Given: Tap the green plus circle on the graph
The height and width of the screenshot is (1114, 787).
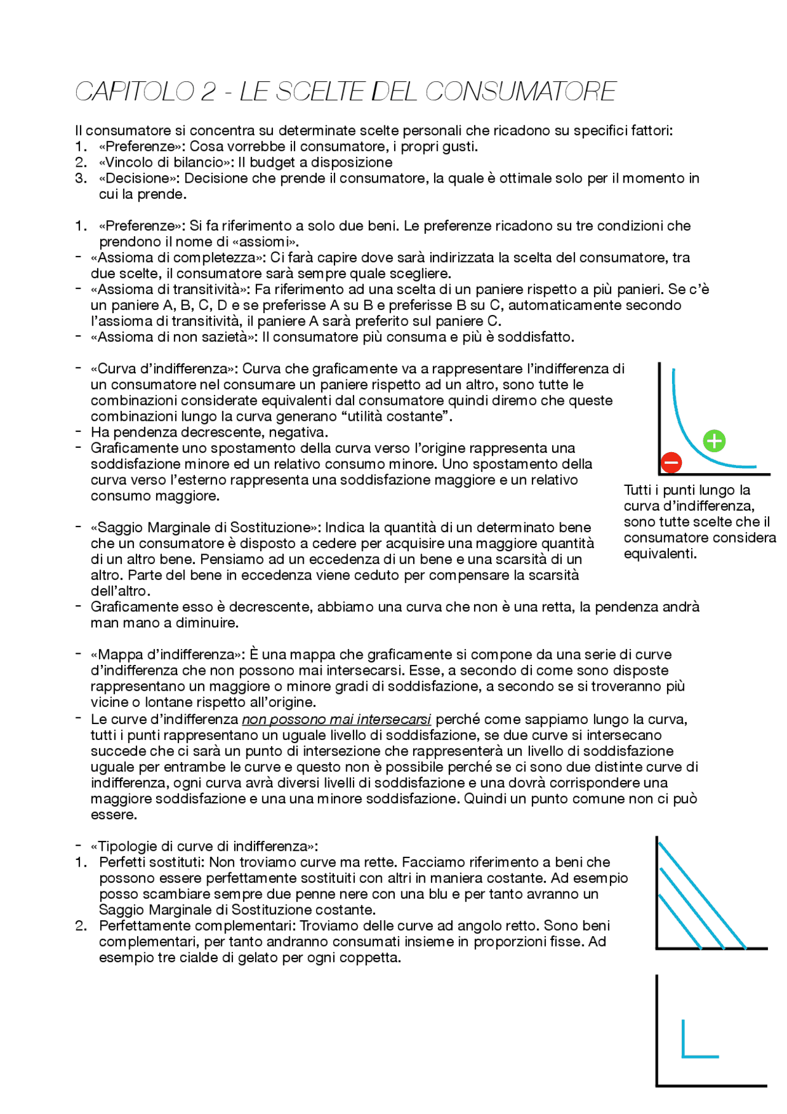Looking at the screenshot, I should coord(714,441).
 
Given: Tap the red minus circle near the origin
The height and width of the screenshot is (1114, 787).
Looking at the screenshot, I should coord(671,462).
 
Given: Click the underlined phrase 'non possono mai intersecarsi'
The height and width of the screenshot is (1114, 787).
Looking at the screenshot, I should coord(336,719).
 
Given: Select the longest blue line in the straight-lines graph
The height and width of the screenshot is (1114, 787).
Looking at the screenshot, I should coord(702,896).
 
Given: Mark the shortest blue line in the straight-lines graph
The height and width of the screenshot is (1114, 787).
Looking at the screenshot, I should coord(680,921).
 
